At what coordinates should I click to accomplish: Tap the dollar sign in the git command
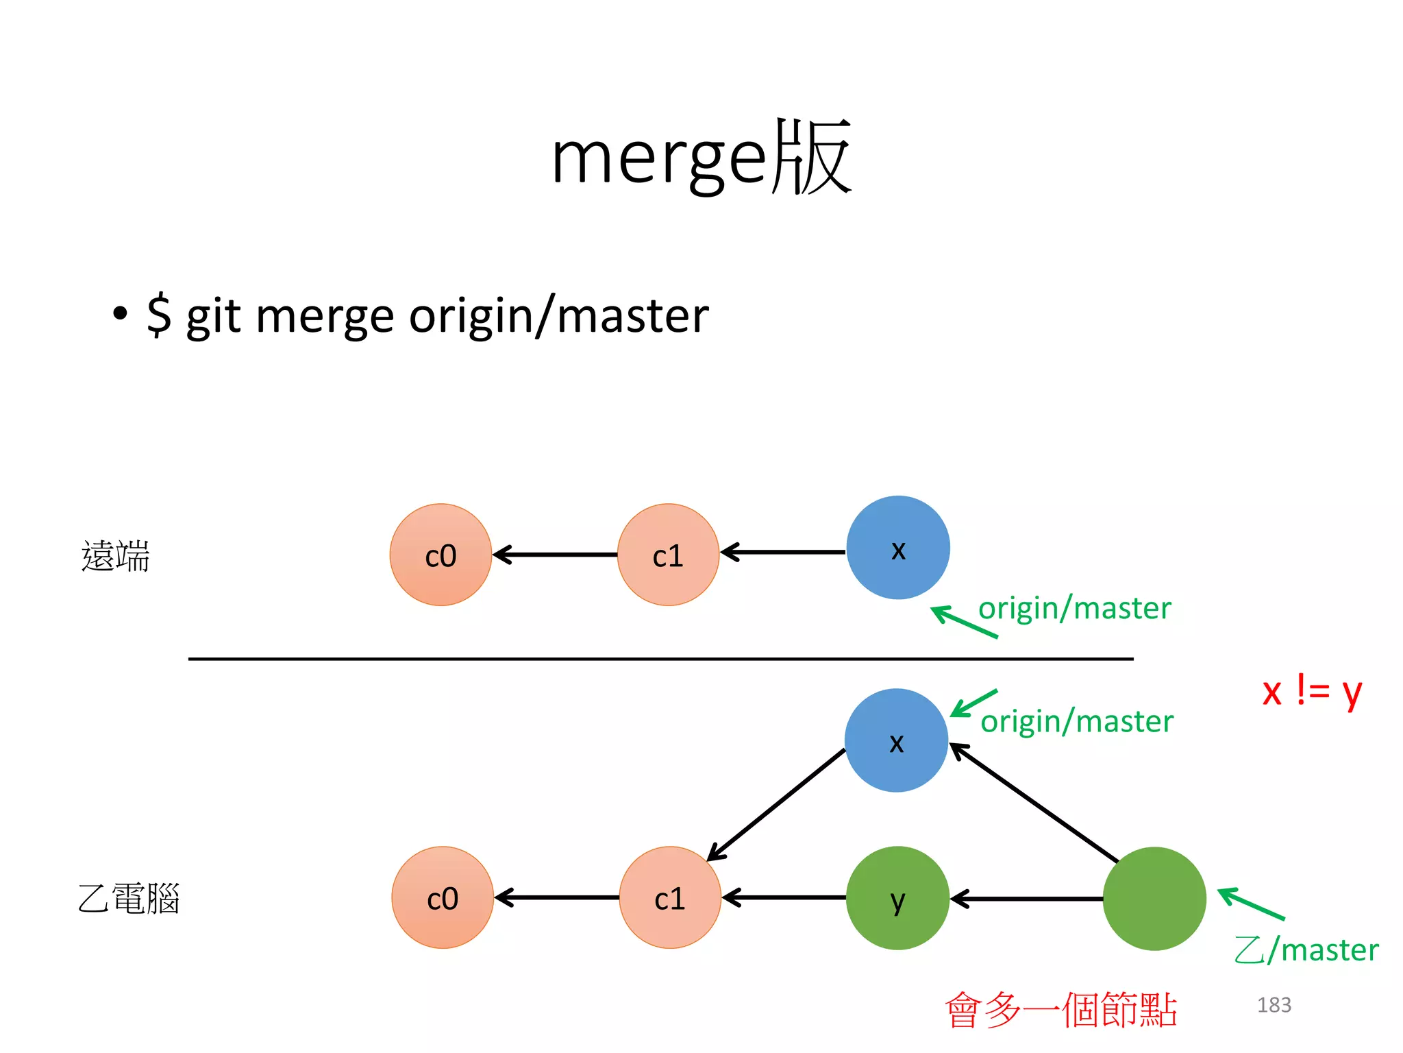[x=159, y=315]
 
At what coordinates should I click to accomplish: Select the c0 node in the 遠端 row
[x=440, y=555]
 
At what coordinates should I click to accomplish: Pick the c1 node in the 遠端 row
[x=668, y=555]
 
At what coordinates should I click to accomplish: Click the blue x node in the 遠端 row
[x=897, y=548]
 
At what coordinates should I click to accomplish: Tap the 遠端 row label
[x=115, y=555]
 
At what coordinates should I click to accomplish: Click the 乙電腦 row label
[x=128, y=899]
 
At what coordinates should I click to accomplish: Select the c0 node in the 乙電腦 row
[x=443, y=898]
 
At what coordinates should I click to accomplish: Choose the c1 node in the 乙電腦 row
[x=670, y=898]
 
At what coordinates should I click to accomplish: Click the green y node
[x=897, y=898]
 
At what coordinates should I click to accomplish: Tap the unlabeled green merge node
[x=1154, y=898]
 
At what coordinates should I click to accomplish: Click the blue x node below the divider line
[x=896, y=740]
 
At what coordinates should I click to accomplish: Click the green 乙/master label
[x=1306, y=950]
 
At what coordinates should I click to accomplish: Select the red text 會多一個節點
[x=1060, y=1009]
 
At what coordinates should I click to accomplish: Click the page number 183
[x=1274, y=1005]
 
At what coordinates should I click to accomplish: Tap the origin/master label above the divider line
[x=1074, y=608]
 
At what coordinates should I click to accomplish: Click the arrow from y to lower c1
[x=784, y=897]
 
